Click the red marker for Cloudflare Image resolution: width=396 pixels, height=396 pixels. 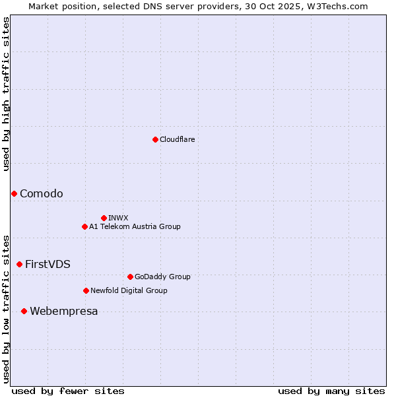point(155,139)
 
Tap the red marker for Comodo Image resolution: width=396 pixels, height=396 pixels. point(14,193)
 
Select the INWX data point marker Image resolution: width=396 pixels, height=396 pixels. point(104,218)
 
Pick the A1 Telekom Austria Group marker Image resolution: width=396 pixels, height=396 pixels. point(84,226)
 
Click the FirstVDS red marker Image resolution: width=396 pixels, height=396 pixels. point(19,264)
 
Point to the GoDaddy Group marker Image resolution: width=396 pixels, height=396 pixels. point(130,277)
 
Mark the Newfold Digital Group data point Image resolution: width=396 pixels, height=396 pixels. point(86,290)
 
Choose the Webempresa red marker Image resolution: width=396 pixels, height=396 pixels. point(24,311)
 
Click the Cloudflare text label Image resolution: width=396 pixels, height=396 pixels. point(178,139)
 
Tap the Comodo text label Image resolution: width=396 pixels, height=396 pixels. point(42,193)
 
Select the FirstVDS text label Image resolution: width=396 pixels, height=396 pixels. point(48,264)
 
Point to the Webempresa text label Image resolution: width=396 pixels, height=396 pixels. point(64,311)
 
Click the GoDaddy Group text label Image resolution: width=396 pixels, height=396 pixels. point(162,277)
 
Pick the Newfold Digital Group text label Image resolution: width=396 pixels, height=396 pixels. point(129,290)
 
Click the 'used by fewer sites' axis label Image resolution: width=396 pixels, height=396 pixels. point(68,391)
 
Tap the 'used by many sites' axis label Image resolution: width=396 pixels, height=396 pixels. point(331,391)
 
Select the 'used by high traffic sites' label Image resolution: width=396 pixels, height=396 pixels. point(6,94)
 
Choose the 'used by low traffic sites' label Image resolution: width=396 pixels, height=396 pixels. point(6,309)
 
